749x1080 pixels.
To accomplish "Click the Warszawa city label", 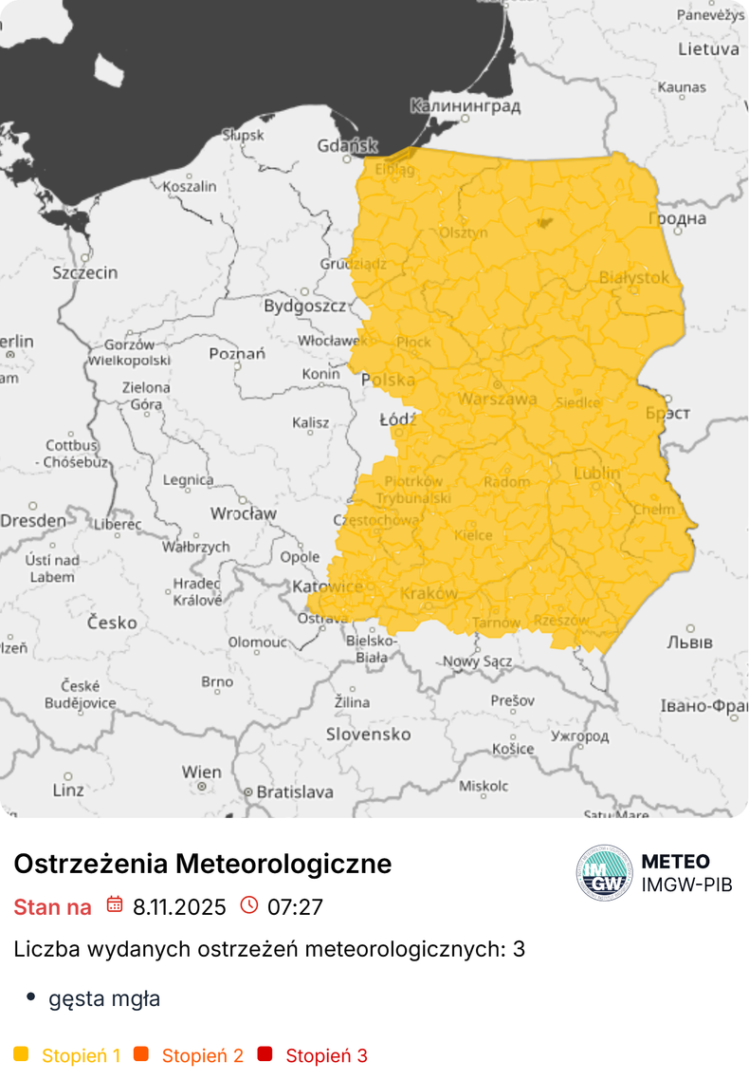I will pos(497,400).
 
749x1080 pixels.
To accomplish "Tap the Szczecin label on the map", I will pos(85,272).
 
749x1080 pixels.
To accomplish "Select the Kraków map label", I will pos(429,594).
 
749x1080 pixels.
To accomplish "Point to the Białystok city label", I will pos(634,278).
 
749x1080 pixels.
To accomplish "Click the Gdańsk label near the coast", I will pos(348,146).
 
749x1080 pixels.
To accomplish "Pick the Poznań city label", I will pos(236,354).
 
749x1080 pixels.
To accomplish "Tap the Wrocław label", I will pos(244,513).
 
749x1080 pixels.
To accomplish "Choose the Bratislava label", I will pos(296,791).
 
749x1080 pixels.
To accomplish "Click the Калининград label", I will pos(466,106).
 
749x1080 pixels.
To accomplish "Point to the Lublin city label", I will pos(597,473).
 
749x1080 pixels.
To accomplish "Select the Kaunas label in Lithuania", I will pos(682,87).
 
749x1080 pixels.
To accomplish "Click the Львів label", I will pos(689,642).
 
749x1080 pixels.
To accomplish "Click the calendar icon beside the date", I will pos(114,905).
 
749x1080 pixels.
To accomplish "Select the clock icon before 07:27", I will pos(249,905).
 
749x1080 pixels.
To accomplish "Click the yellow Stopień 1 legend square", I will pos(22,1054).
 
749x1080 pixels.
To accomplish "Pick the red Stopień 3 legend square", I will pos(265,1054).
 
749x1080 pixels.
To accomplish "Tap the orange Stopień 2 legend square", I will pos(141,1054).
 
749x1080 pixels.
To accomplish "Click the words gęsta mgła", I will pos(104,998).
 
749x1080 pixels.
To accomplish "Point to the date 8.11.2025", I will pos(179,907).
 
